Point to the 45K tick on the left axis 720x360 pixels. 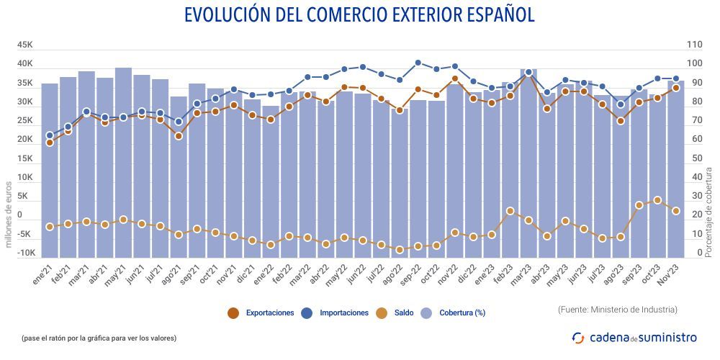pyautogui.click(x=25, y=45)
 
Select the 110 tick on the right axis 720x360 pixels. pyautogui.click(x=695, y=45)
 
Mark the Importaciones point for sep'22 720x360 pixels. pyautogui.click(x=418, y=63)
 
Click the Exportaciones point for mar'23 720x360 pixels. pyautogui.click(x=528, y=74)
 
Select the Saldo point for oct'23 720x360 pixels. pyautogui.click(x=657, y=200)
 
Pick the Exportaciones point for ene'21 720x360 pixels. pyautogui.click(x=50, y=143)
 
